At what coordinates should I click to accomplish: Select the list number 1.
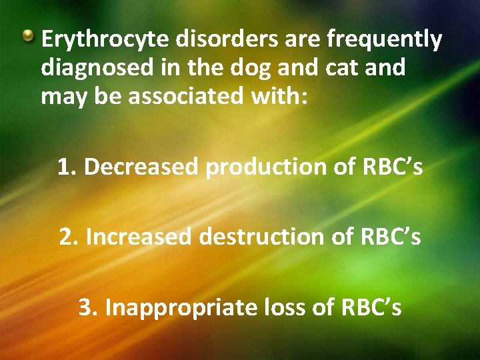tap(65, 167)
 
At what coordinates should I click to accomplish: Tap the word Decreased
tap(141, 167)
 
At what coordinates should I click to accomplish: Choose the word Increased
tap(138, 237)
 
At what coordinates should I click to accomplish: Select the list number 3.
tap(87, 307)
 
